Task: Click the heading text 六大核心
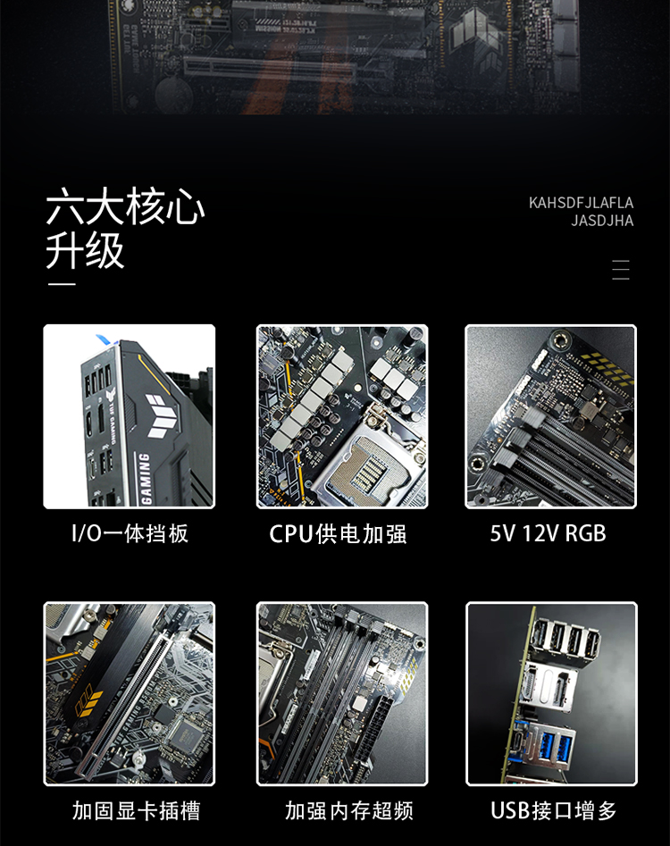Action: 125,206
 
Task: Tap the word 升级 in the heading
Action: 85,251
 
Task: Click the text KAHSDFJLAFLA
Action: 581,203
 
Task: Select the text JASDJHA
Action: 602,221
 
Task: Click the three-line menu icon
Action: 621,270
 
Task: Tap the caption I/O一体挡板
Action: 130,533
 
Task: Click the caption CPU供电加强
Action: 338,534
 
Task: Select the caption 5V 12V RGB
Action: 549,533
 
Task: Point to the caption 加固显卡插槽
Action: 136,810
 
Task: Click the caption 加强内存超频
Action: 349,810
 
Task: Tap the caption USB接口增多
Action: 553,810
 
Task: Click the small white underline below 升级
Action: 62,284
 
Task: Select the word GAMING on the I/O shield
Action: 145,477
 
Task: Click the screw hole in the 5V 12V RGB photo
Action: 559,339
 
